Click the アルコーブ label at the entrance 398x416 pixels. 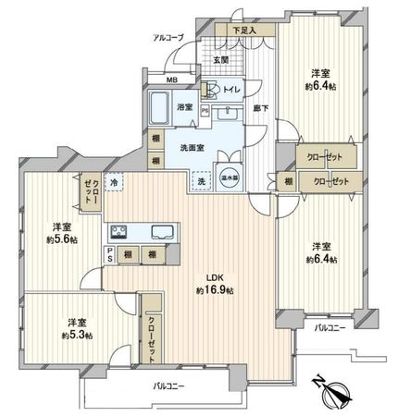(168, 38)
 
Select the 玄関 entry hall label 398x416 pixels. (219, 59)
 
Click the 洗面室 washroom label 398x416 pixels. (193, 146)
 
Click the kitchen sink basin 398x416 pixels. (155, 231)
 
